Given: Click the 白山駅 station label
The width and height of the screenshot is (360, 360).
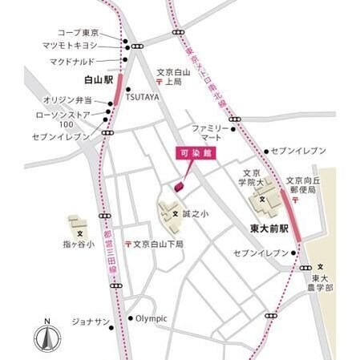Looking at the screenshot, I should (x=99, y=80).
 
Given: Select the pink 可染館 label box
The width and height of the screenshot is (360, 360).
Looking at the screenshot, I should (x=189, y=152).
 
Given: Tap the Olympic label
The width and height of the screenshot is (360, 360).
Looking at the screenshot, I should (x=152, y=318).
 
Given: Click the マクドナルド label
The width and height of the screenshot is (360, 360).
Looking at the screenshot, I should (x=71, y=61).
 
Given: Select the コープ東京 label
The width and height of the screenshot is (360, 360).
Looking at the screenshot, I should (x=79, y=33).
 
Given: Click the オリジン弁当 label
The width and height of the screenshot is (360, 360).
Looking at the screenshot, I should (x=68, y=99).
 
